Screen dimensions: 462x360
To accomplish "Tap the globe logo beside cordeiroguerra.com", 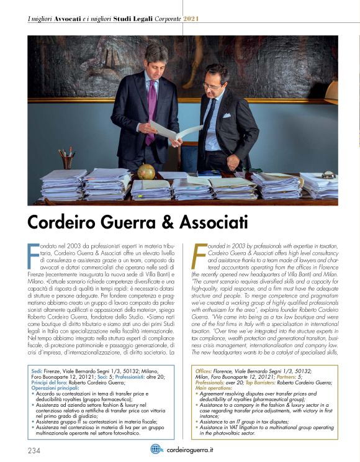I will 157,448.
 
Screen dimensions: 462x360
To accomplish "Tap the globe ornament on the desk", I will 147,171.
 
